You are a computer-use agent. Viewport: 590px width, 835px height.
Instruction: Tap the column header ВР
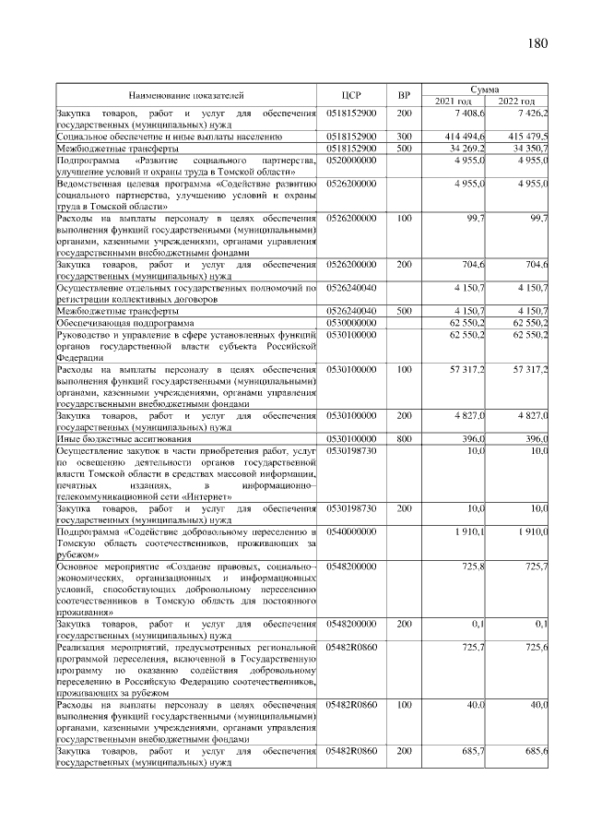[403, 95]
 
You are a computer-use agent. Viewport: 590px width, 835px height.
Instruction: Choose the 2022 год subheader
[516, 101]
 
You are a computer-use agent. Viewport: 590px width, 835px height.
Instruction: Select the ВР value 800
[404, 439]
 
